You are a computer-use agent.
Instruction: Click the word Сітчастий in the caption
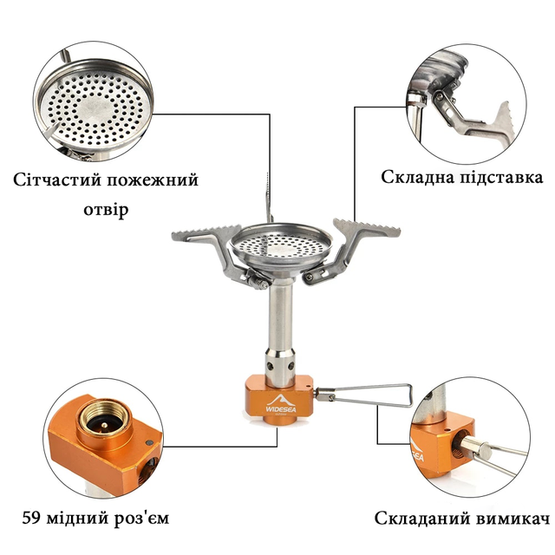pos(57,180)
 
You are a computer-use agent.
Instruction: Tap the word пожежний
pos(153,180)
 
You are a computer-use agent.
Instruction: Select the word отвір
pos(106,210)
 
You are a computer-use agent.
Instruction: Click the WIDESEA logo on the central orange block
pos(281,405)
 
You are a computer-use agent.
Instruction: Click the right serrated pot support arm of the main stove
pos(354,245)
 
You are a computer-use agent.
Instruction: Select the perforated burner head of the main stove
pos(280,245)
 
